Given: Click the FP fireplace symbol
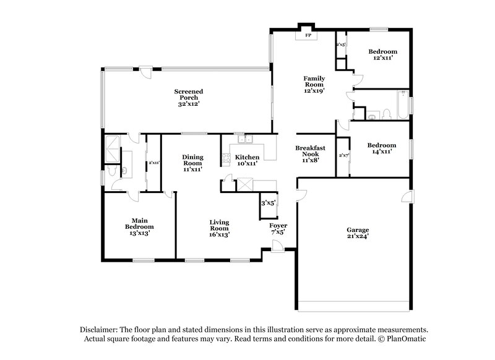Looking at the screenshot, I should click(x=307, y=35).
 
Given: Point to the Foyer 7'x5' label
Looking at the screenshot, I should click(x=278, y=229).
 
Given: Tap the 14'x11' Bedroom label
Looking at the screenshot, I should click(x=381, y=148).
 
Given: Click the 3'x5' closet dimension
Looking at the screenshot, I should click(x=268, y=202).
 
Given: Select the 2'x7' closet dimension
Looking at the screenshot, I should click(x=343, y=155).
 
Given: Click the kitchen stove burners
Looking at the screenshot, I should click(x=226, y=157).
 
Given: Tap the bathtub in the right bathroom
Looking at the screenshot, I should click(x=402, y=106).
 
